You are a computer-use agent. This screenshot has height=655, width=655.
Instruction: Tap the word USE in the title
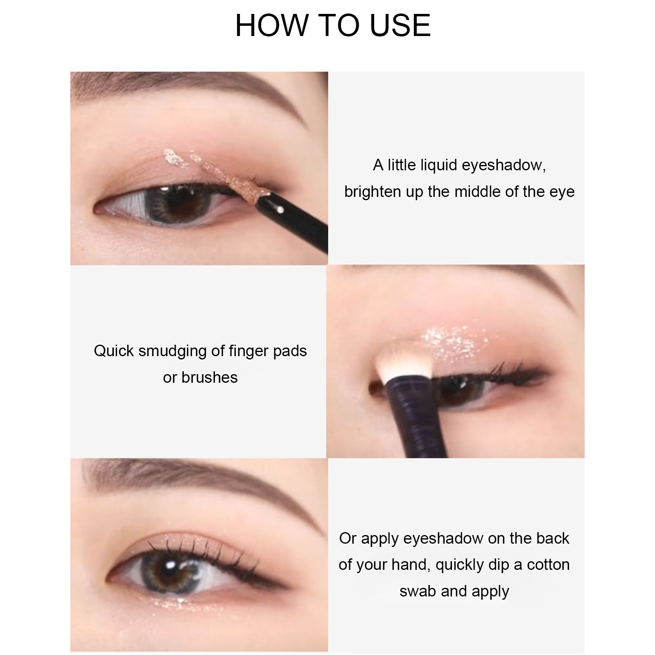coord(400,25)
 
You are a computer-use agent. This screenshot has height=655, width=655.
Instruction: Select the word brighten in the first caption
coord(373,192)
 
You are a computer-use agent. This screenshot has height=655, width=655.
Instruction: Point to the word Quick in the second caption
coord(114,351)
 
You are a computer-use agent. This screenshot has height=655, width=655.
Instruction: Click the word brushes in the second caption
coord(210,377)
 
